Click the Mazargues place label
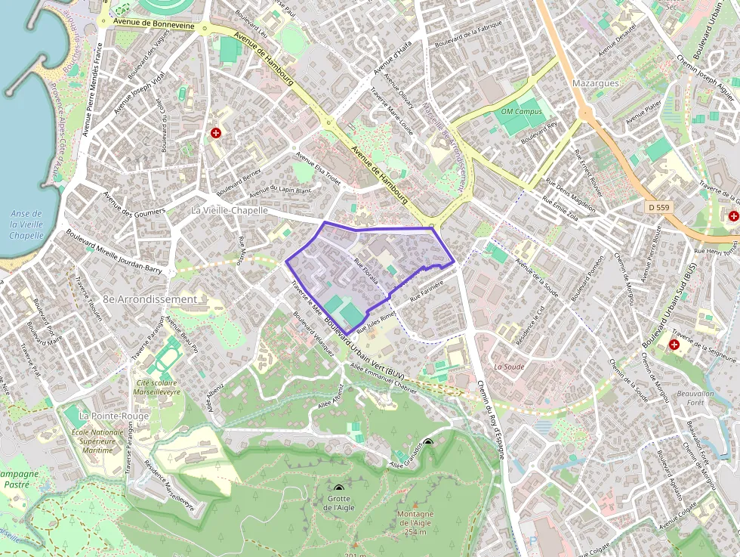[x=596, y=83]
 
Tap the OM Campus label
[x=521, y=112]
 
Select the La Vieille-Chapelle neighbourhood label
[x=230, y=210]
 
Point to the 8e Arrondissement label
[x=150, y=299]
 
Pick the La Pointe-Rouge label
[x=114, y=416]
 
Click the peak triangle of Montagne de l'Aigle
[x=414, y=505]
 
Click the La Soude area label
[x=508, y=367]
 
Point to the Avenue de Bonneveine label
[x=154, y=25]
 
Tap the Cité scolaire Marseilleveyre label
[x=158, y=387]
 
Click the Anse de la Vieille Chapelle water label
[x=26, y=224]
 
